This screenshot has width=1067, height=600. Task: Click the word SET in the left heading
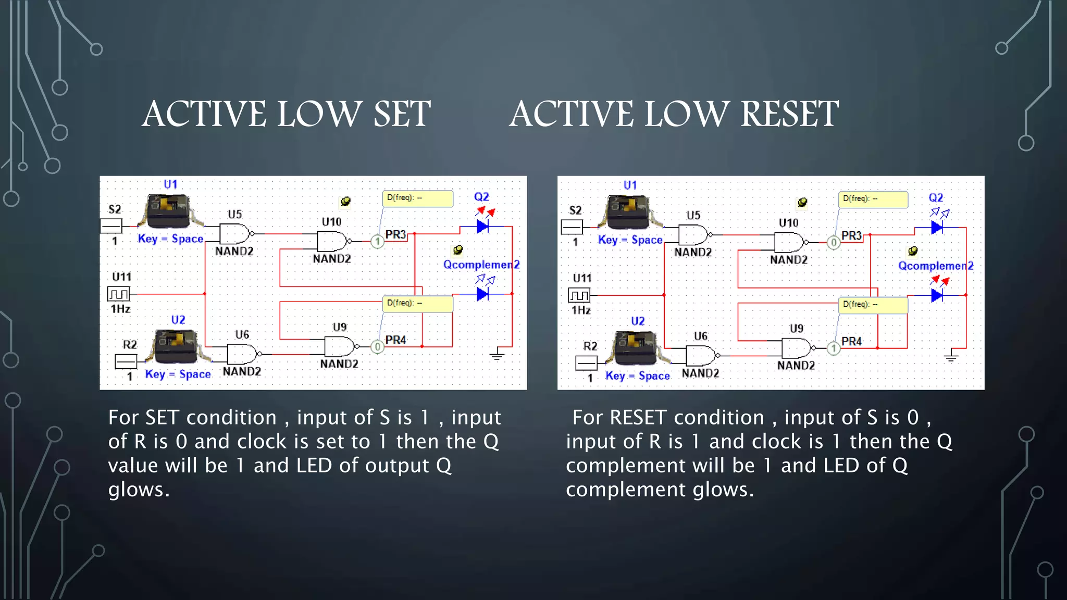(x=402, y=114)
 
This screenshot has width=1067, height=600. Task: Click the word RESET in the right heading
(x=789, y=114)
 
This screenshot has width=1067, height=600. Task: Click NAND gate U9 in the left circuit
(x=340, y=346)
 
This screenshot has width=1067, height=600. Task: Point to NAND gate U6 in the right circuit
(x=701, y=356)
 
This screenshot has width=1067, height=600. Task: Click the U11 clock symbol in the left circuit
(x=118, y=294)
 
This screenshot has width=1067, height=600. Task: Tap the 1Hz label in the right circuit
(x=581, y=310)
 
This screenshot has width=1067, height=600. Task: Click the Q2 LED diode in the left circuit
(x=482, y=227)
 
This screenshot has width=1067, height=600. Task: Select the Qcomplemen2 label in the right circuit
(x=936, y=266)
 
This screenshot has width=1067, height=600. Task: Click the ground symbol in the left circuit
(x=497, y=355)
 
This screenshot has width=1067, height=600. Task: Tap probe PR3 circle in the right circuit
(x=834, y=243)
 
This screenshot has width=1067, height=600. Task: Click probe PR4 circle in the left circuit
(x=377, y=346)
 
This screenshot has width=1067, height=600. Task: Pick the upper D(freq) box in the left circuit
(x=418, y=198)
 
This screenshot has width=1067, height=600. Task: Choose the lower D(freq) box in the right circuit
(x=873, y=305)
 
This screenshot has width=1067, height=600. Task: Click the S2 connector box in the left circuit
(x=111, y=226)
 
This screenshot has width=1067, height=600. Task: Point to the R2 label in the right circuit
(x=590, y=346)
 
